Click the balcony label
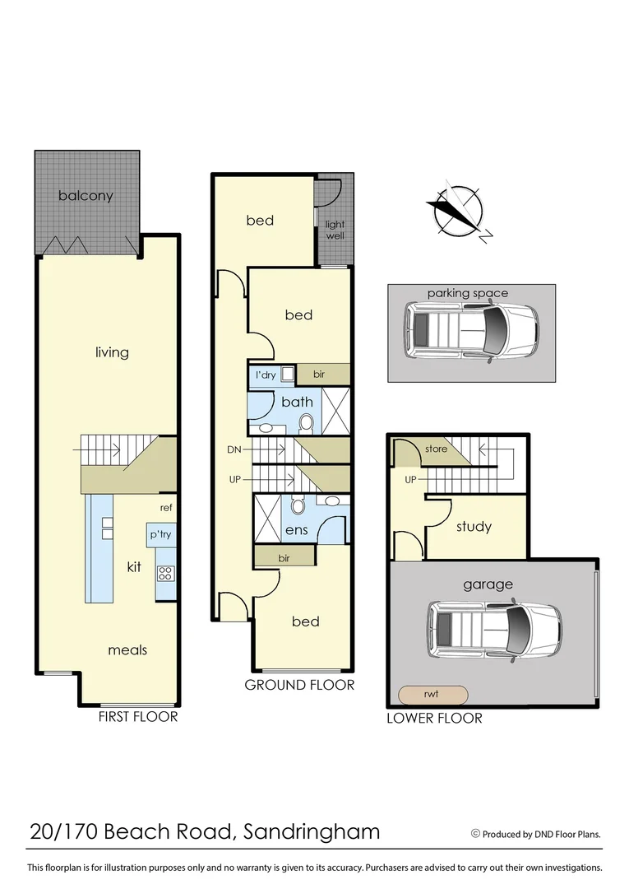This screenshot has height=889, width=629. [x=86, y=197]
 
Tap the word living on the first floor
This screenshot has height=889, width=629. [x=112, y=352]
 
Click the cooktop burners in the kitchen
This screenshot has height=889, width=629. [x=165, y=572]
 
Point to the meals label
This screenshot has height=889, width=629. [x=127, y=650]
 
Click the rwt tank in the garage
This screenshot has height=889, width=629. [x=432, y=695]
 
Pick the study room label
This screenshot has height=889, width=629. [x=473, y=527]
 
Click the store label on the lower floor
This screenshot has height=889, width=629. [x=436, y=449]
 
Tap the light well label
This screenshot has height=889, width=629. [x=335, y=230]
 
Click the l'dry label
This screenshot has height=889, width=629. [x=266, y=375]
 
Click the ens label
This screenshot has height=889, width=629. [x=297, y=530]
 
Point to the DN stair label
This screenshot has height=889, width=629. [x=234, y=449]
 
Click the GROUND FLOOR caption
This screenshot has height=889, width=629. [x=299, y=685]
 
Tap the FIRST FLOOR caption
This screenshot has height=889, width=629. [x=137, y=717]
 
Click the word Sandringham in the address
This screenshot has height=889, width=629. [x=312, y=832]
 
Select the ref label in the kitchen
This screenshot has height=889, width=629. [x=165, y=508]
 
